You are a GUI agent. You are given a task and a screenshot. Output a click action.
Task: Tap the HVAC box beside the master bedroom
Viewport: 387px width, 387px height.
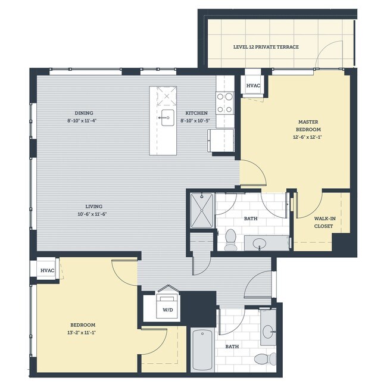click(253, 86)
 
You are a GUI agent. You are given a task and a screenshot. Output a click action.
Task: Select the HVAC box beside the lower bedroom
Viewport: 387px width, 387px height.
click(47, 270)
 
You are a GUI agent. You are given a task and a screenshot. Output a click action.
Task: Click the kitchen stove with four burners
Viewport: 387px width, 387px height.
click(224, 102)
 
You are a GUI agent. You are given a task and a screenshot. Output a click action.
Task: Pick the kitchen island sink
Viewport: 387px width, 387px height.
click(167, 116)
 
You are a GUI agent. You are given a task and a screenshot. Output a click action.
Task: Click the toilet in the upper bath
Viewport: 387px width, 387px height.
click(232, 239)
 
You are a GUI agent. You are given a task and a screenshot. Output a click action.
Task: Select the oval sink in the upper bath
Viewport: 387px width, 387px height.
click(260, 243)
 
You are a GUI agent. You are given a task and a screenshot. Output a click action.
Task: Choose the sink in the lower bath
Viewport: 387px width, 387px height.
click(269, 331)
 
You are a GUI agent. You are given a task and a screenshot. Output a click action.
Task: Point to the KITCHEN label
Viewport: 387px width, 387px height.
click(196, 113)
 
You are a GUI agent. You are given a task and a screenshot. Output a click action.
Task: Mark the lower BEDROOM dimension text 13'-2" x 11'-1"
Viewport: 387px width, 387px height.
click(82, 333)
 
